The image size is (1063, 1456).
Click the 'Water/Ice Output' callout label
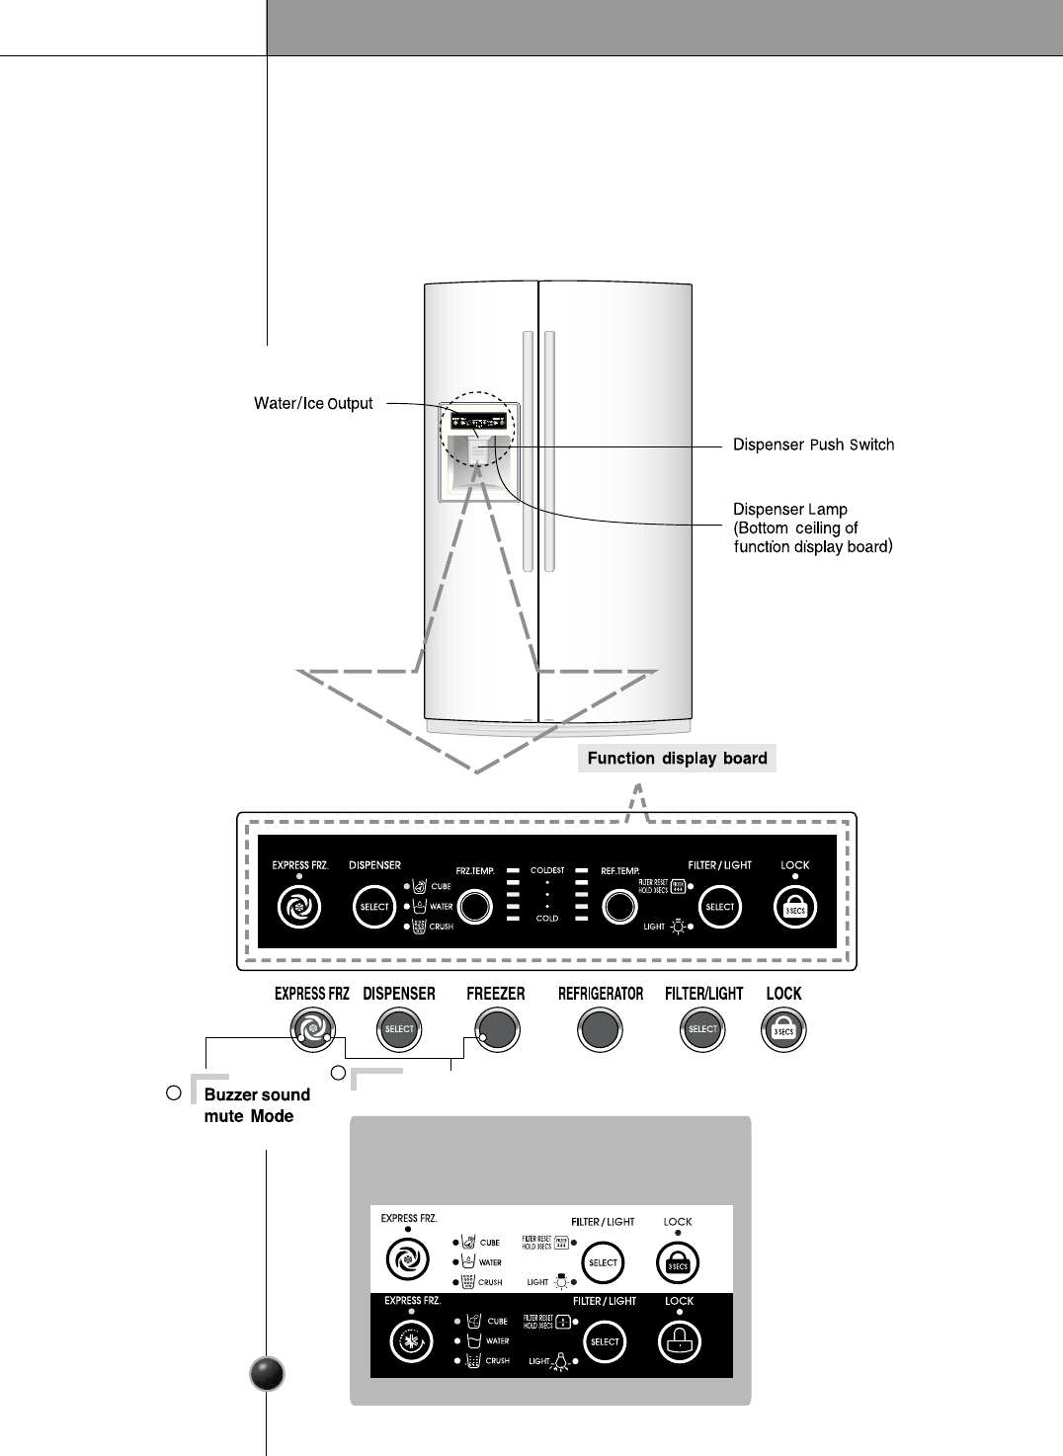pyautogui.click(x=313, y=403)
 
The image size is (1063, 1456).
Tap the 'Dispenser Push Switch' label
pyautogui.click(x=813, y=445)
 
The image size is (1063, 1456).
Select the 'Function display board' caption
pyautogui.click(x=677, y=759)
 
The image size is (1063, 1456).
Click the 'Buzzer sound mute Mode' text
pyautogui.click(x=256, y=1105)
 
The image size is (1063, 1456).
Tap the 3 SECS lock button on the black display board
pyautogui.click(x=794, y=908)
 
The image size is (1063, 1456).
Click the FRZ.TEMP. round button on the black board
pyautogui.click(x=475, y=907)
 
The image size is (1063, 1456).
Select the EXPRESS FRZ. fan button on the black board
pyautogui.click(x=298, y=907)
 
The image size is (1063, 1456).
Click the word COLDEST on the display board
pyautogui.click(x=547, y=870)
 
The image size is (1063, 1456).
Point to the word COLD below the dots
pyautogui.click(x=547, y=919)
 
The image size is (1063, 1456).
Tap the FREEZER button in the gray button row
pyautogui.click(x=496, y=1030)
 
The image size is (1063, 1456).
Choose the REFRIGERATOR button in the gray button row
pyautogui.click(x=600, y=1030)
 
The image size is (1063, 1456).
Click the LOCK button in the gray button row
pyautogui.click(x=783, y=1030)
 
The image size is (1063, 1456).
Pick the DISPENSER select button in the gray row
pyautogui.click(x=399, y=1030)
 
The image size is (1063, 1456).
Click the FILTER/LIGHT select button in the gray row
pyautogui.click(x=702, y=1030)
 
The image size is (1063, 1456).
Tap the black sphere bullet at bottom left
pyautogui.click(x=267, y=1374)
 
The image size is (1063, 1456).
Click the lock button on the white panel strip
pyautogui.click(x=678, y=1262)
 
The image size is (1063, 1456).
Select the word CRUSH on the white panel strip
pyautogui.click(x=490, y=1282)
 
